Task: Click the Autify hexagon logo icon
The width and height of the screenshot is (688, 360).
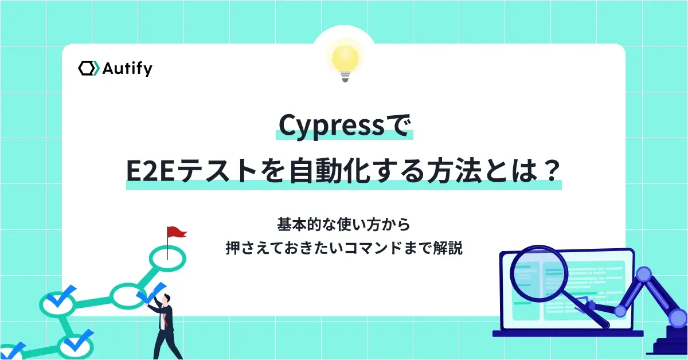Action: click(89, 68)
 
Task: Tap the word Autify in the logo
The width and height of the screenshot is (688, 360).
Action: click(127, 69)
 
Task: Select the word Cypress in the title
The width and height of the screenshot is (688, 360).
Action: click(331, 127)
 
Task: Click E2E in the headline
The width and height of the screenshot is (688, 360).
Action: click(150, 172)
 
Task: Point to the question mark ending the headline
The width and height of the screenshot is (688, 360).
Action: click(549, 171)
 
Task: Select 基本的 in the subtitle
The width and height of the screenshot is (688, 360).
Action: click(298, 225)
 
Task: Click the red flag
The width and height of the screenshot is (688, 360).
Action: click(177, 232)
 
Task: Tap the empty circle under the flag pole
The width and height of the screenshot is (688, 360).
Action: click(167, 258)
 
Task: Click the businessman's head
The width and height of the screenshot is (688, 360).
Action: click(166, 298)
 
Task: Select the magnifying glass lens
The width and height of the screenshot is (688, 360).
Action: click(539, 272)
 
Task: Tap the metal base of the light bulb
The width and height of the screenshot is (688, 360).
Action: click(345, 76)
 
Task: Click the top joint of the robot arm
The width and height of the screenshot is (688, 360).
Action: click(644, 274)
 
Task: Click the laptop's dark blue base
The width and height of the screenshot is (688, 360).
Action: click(568, 334)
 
